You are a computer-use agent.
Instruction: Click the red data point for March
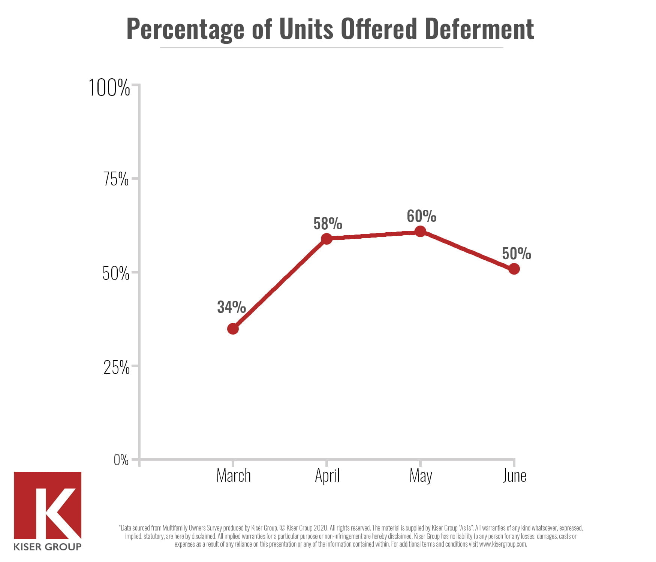(233, 329)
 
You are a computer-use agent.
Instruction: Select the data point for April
(327, 239)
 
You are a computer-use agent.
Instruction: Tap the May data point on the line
(420, 232)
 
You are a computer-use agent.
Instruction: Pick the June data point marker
(514, 269)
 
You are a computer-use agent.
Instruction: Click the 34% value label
(231, 307)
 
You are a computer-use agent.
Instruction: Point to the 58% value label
(328, 224)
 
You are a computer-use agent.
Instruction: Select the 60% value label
(421, 216)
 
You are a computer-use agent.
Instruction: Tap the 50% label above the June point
(516, 254)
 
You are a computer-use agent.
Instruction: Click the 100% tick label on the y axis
(109, 88)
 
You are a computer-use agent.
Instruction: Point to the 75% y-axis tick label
(116, 179)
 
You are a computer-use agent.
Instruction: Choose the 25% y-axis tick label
(116, 368)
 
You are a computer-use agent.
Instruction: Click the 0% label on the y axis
(121, 459)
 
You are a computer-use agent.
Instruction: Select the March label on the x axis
(233, 476)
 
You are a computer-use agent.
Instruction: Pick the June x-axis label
(514, 476)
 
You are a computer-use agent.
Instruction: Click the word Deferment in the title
(479, 29)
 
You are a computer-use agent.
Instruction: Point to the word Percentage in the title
(185, 30)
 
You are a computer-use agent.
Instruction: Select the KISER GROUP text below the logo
(47, 547)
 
